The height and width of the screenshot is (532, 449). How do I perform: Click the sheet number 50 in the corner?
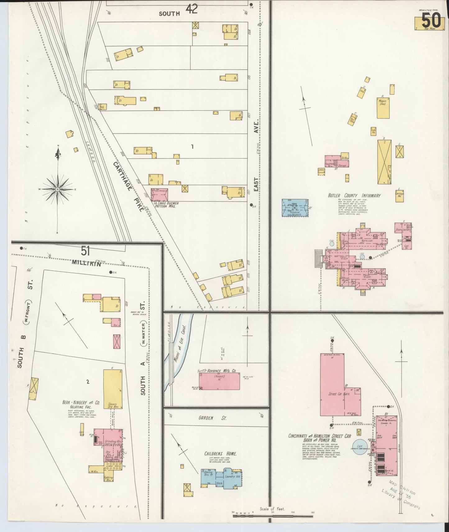pyautogui.click(x=431, y=21)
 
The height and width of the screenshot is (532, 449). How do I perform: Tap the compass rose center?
pyautogui.click(x=57, y=189)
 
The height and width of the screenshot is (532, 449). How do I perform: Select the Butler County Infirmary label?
pyautogui.click(x=354, y=196)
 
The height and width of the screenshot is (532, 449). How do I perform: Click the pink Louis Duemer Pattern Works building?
pyautogui.click(x=160, y=194)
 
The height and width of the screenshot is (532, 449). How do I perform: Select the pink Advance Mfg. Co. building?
pyautogui.click(x=219, y=381)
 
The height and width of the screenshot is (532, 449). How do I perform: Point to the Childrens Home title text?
pyautogui.click(x=220, y=454)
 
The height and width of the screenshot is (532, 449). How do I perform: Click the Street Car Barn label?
pyautogui.click(x=339, y=394)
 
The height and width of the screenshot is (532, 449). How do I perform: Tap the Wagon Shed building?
pyautogui.click(x=383, y=107)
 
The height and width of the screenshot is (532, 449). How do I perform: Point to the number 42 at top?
pyautogui.click(x=192, y=9)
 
